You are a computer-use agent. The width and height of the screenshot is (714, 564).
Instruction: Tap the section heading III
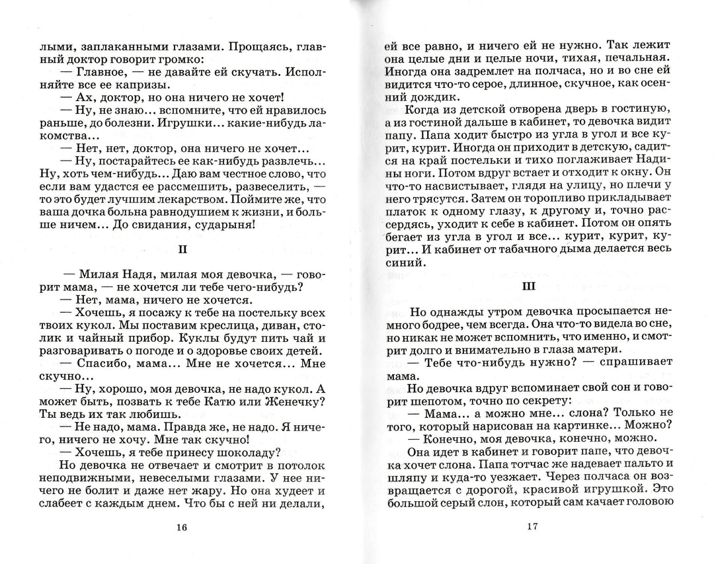[x=528, y=287]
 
